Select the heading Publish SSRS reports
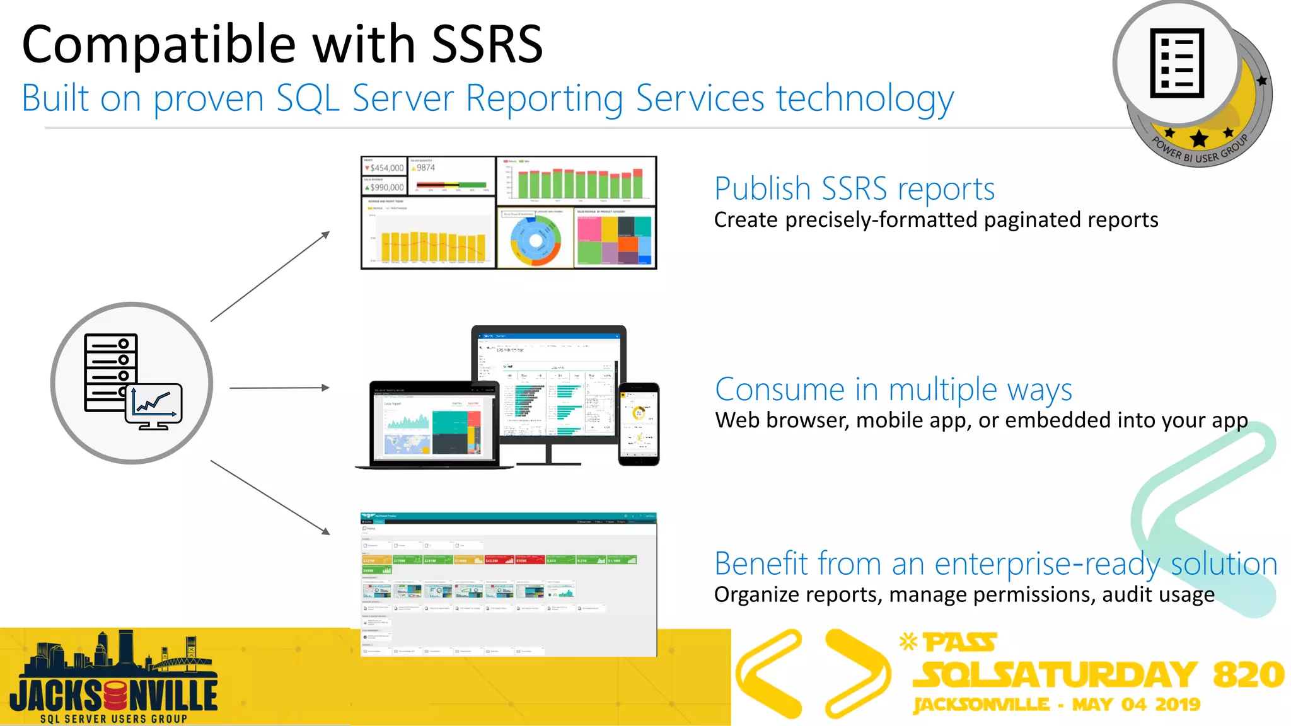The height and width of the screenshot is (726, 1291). pos(854,188)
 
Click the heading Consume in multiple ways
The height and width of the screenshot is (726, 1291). pos(893,389)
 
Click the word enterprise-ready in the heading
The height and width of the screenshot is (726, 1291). pos(1047,563)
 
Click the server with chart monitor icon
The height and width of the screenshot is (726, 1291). pos(132,383)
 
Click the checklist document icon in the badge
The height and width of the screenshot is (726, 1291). pos(1176,63)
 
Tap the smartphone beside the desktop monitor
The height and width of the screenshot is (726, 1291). pos(639,423)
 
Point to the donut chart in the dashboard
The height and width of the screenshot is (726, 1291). pos(535,240)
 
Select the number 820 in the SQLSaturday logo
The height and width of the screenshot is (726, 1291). pos(1248,674)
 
